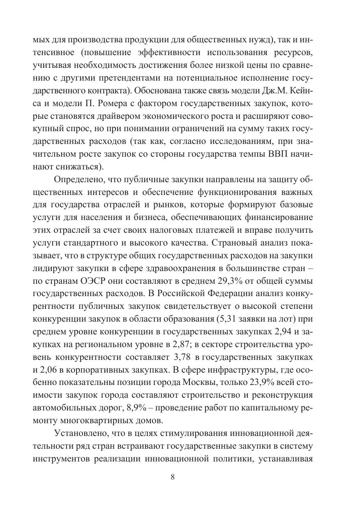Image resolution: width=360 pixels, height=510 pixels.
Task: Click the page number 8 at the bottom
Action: click(173, 477)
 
